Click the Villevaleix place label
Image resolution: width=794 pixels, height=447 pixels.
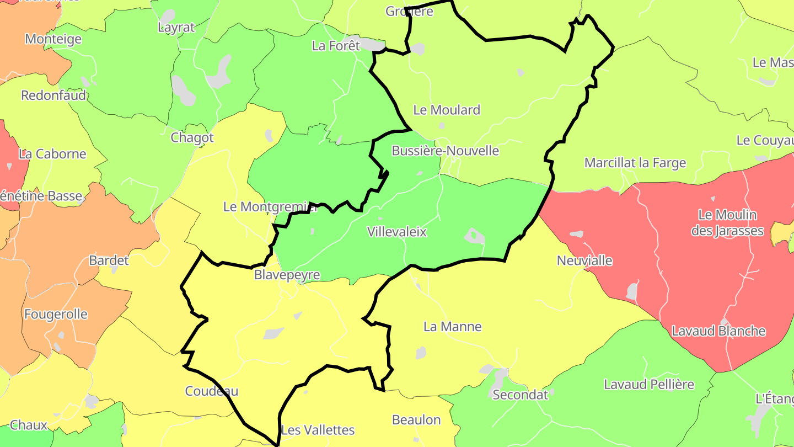397,232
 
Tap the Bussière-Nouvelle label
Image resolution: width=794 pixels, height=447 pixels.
445,151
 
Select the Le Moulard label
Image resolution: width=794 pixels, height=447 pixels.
447,110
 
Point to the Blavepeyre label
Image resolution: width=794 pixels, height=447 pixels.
287,275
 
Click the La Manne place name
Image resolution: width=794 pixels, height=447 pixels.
452,327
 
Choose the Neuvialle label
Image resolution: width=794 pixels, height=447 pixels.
584,260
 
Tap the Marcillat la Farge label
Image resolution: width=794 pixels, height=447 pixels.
635,163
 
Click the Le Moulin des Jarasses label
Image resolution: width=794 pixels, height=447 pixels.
727,222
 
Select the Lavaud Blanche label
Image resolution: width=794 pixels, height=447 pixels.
718,331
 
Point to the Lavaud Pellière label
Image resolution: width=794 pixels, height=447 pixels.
648,384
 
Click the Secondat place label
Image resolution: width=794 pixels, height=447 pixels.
520,395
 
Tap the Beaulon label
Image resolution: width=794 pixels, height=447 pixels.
416,420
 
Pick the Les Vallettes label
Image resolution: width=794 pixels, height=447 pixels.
318,430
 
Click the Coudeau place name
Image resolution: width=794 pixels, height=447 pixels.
212,391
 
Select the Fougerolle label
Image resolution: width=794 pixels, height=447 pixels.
56,315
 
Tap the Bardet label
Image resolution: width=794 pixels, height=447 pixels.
109,260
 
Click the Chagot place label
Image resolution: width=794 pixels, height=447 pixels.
192,137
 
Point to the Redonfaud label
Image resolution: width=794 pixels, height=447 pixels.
53,95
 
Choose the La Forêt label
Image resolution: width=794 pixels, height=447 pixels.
336,46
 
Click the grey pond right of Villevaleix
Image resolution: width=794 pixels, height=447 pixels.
474,236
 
